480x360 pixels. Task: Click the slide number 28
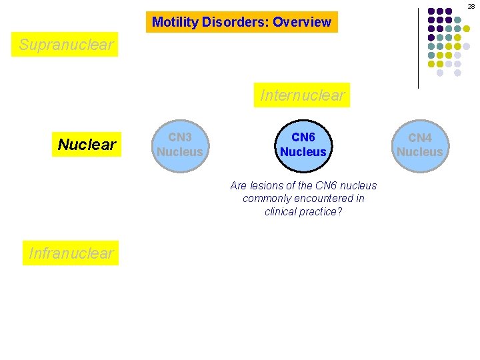(471, 6)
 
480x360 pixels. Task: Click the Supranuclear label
(67, 45)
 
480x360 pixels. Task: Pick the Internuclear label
(303, 95)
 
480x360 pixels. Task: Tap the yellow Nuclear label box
(87, 145)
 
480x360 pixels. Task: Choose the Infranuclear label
(71, 253)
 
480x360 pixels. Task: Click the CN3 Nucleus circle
(179, 145)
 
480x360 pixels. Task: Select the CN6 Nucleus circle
(303, 145)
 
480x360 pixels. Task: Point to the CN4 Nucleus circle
(419, 145)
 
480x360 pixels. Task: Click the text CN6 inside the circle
(303, 137)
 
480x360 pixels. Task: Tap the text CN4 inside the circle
(420, 138)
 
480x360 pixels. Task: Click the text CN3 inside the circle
(180, 137)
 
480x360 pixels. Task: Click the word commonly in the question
(265, 199)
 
